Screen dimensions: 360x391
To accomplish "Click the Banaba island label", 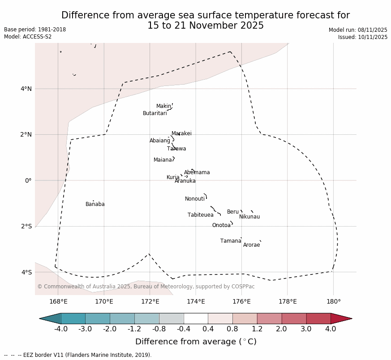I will coord(95,204).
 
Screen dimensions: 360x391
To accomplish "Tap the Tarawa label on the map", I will coord(176,149).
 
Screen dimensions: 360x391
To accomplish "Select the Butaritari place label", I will coord(155,113).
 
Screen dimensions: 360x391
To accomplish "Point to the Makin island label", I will coord(163,106).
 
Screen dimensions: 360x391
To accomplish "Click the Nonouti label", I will coord(195,199).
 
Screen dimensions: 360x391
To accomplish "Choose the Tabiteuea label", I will coord(200,215).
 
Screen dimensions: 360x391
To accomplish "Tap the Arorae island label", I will coord(251,245).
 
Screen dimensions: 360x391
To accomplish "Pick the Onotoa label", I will coord(221,225).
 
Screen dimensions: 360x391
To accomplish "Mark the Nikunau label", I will coord(249,217).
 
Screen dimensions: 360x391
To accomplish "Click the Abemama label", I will coord(197,172).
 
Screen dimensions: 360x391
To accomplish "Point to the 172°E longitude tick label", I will coord(150,301).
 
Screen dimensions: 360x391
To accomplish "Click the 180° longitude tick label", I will coord(333,301).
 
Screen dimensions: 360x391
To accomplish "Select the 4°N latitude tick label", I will coord(26,89).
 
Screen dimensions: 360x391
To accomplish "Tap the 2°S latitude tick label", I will coord(26,226).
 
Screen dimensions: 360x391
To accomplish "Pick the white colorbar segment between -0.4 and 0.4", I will coord(196,318).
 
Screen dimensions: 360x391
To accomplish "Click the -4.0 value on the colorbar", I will coord(61,329).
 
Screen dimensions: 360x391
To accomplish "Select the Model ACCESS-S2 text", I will coord(28,37).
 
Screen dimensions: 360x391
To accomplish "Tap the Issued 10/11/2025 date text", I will coord(362,37).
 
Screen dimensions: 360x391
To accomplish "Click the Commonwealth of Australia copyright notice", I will coord(146,287).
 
